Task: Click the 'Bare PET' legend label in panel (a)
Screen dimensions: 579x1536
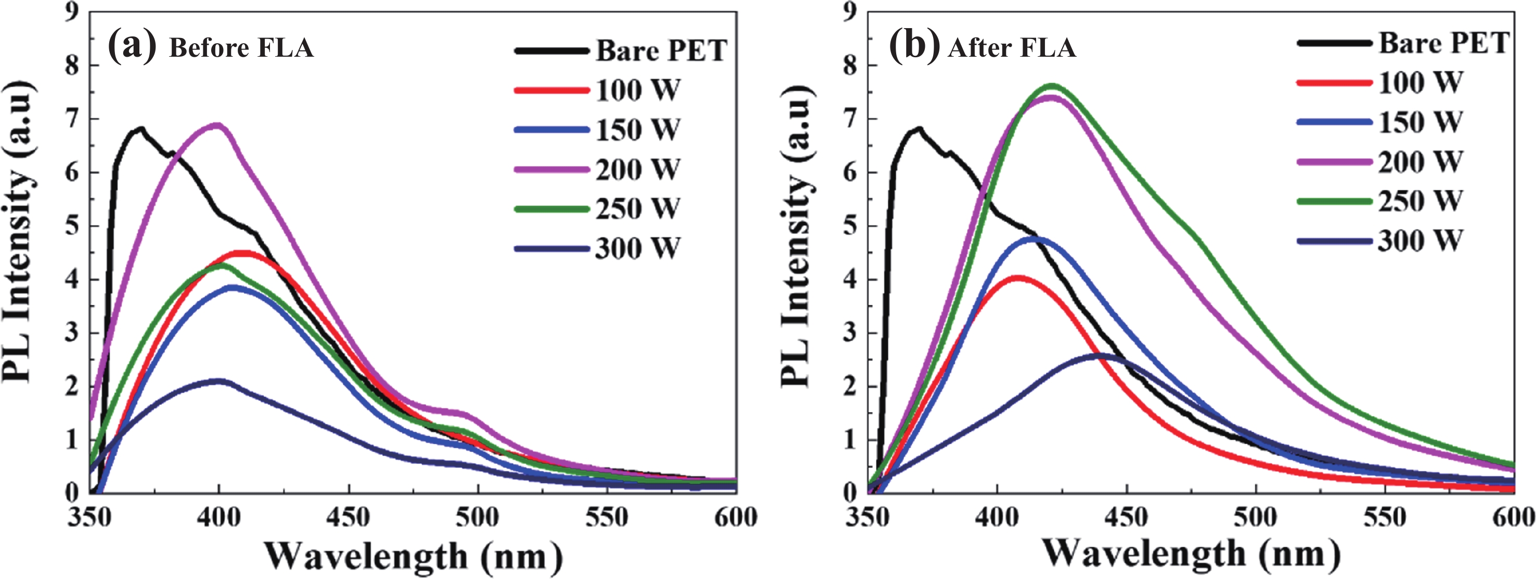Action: [x=661, y=50]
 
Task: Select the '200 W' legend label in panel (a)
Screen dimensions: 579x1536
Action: [x=637, y=170]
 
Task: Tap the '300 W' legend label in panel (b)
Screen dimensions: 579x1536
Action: [x=1419, y=241]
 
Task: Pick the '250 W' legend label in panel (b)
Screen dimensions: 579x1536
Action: [x=1419, y=201]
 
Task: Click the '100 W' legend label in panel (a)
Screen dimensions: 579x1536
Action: [x=637, y=91]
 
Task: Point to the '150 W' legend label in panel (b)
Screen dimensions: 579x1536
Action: [x=1419, y=122]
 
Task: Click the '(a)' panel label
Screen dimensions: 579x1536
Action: [x=132, y=46]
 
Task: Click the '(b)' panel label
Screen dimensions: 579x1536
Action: [x=913, y=46]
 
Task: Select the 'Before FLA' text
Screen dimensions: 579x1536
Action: [x=241, y=48]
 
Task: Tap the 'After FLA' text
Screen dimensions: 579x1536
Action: [x=1012, y=48]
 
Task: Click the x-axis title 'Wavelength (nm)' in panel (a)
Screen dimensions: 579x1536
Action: [x=413, y=555]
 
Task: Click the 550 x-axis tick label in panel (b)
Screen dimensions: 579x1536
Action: [x=1385, y=517]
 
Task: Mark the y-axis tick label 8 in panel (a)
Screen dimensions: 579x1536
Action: [x=72, y=66]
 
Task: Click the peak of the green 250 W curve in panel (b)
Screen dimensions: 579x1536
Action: [x=1051, y=86]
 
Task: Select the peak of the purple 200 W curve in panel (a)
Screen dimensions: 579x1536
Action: [x=217, y=125]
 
